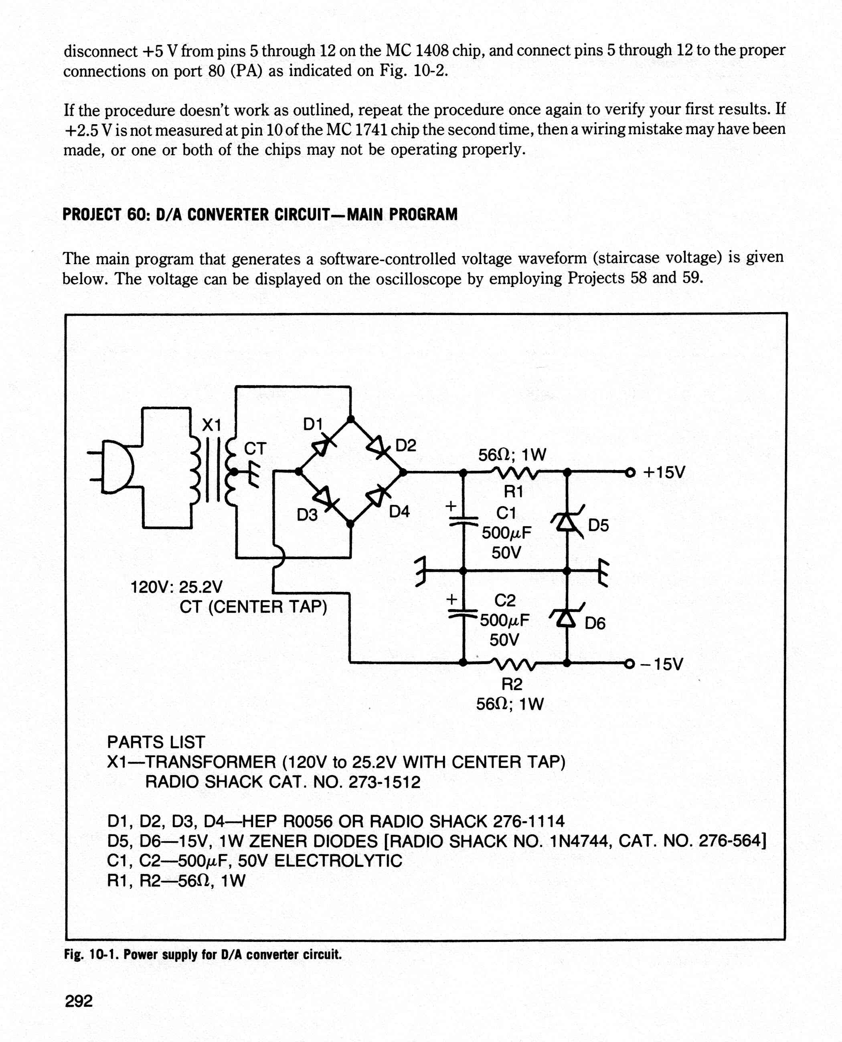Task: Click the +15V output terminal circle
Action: point(630,472)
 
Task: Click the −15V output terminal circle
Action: point(629,663)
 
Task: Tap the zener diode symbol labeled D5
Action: point(567,522)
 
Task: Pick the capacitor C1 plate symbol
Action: point(463,522)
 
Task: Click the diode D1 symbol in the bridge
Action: point(324,446)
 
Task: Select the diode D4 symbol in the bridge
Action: point(377,497)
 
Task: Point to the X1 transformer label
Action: point(211,425)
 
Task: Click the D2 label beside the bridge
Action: point(406,446)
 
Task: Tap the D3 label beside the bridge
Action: point(307,515)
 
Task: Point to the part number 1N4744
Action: point(581,841)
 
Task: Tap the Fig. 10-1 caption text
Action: point(203,954)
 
